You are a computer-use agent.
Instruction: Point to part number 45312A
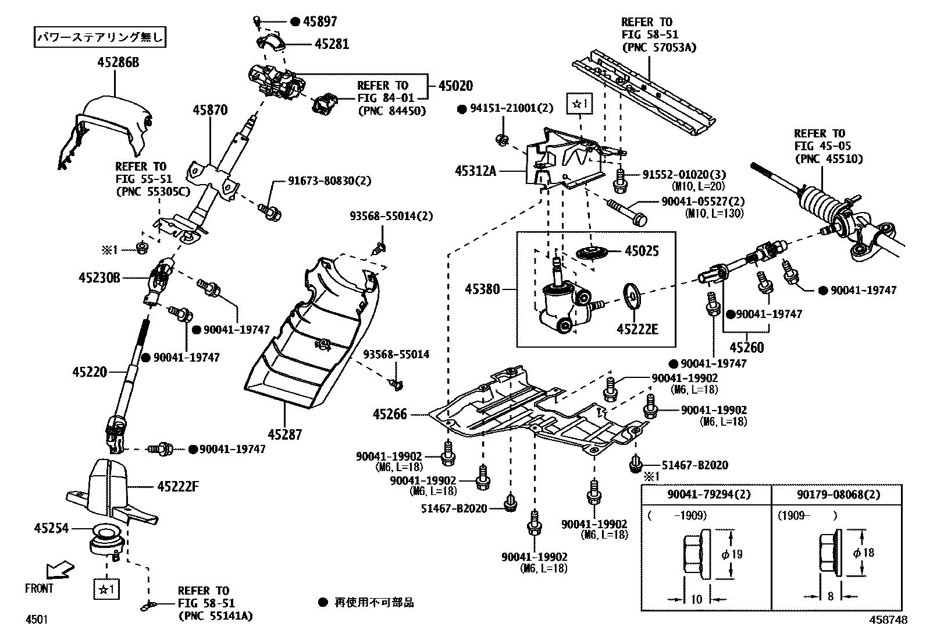coord(476,171)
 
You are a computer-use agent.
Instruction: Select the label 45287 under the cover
coord(285,434)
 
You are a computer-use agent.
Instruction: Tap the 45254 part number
coord(51,528)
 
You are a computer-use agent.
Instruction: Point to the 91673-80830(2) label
coord(329,181)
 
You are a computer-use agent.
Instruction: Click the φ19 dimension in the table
coord(732,554)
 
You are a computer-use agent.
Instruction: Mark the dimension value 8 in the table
coord(830,596)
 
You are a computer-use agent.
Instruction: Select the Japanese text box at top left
coord(99,38)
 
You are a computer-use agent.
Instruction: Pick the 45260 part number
coord(746,348)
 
